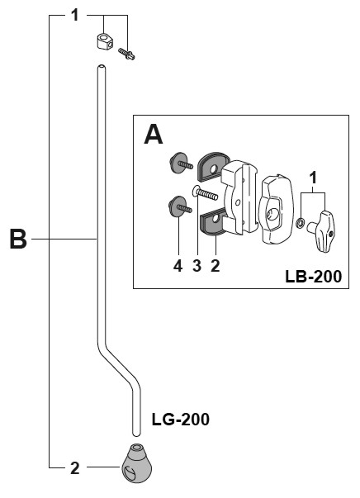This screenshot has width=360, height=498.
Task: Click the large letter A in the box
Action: tap(154, 135)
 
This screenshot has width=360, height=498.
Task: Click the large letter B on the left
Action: tap(18, 239)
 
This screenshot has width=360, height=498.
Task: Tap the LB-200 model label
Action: tap(313, 277)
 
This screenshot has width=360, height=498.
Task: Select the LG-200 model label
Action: tap(180, 420)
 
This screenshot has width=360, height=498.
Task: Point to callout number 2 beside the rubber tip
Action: tap(74, 467)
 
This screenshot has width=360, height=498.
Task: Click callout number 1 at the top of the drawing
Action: tap(74, 15)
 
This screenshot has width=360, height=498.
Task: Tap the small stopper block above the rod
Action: tap(104, 42)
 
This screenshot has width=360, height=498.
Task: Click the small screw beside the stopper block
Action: tap(126, 54)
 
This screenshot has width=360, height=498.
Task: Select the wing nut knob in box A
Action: tap(321, 231)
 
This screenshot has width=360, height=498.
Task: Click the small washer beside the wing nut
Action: tap(300, 224)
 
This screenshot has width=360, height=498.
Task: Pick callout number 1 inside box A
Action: tap(313, 178)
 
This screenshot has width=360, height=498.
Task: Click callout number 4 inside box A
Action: tap(178, 265)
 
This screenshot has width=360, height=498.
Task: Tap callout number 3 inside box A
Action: tap(197, 265)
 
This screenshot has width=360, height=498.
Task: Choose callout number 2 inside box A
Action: tap(216, 265)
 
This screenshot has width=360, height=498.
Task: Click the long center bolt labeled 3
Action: tap(205, 192)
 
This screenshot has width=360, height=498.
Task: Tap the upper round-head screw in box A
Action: tap(180, 163)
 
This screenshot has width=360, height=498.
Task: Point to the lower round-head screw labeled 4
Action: tap(180, 206)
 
